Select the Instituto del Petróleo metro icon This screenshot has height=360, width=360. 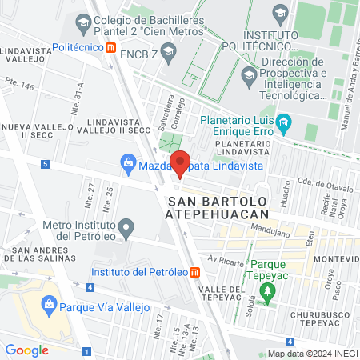195,272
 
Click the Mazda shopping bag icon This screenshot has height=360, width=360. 128,164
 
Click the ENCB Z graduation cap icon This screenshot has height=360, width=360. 168,54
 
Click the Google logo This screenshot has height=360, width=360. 27,350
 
